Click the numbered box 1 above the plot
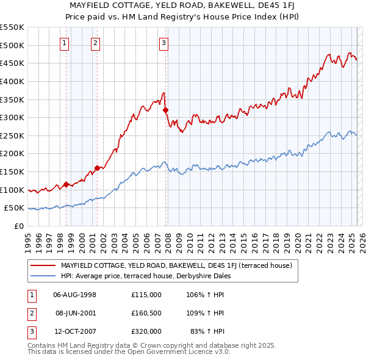point(64,43)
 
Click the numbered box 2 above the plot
point(96,43)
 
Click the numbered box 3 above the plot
point(164,43)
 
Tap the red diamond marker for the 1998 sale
point(66,184)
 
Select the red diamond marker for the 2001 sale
point(96,168)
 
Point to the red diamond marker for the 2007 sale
point(165,110)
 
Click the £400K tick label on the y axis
point(13,81)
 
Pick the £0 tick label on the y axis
point(20,226)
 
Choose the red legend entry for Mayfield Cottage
point(176,265)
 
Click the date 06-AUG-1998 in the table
point(75,295)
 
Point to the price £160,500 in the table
point(146,313)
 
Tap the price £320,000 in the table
point(146,331)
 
